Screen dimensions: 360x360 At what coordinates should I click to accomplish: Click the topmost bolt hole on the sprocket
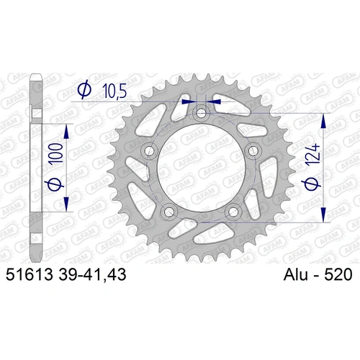(x=202, y=112)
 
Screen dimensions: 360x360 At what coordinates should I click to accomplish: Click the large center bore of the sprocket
(x=202, y=169)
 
